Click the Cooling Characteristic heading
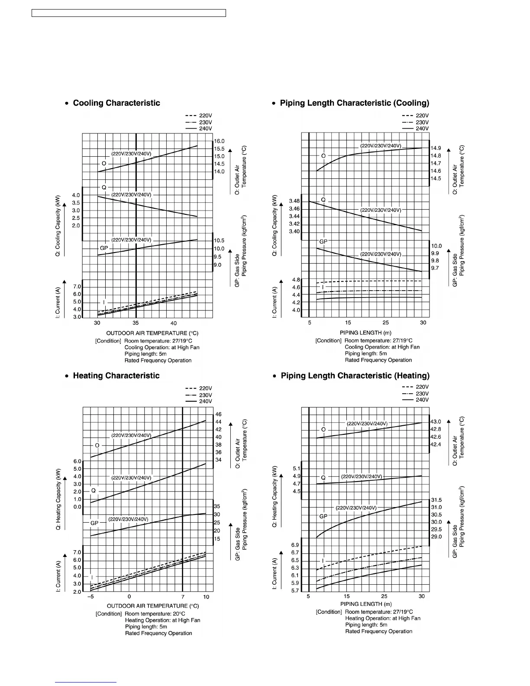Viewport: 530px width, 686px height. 116,103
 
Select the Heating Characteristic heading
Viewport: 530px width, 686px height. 116,376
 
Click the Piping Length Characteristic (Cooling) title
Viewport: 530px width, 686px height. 354,103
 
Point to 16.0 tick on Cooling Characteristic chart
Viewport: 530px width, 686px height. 219,141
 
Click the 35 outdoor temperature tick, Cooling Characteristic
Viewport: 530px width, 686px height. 136,323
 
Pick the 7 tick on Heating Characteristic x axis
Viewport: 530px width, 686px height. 183,596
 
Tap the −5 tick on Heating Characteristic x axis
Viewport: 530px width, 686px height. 90,596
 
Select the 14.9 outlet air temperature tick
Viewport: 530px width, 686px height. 436,148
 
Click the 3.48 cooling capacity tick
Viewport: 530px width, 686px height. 294,201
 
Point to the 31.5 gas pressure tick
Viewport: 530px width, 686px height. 436,500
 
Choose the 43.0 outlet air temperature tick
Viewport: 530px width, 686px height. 436,421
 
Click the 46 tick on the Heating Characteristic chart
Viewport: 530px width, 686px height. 218,414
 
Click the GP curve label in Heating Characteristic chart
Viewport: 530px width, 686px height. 94,523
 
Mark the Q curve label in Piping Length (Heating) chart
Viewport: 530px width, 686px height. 323,478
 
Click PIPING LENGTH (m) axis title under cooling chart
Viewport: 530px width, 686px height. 365,333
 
